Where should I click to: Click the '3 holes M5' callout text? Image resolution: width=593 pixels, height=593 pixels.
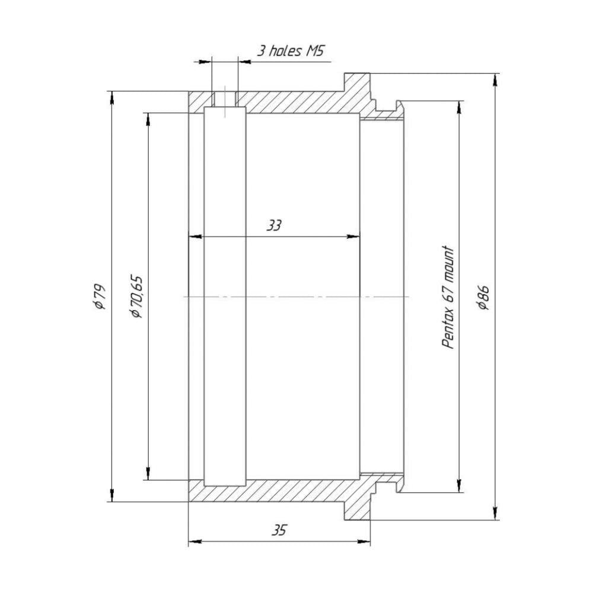(291, 50)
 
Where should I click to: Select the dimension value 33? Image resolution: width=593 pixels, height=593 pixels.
(274, 226)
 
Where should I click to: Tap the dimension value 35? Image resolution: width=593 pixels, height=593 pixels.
(279, 531)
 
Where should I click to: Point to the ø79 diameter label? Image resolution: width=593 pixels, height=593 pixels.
(100, 296)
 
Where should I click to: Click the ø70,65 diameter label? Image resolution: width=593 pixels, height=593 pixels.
(136, 296)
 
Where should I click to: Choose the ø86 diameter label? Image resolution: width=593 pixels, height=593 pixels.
(484, 297)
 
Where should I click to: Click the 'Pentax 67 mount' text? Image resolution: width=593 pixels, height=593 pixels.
(448, 297)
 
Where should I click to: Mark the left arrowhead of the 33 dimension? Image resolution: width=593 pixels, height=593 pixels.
(195, 237)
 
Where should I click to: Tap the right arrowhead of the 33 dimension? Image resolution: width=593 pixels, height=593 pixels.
(353, 237)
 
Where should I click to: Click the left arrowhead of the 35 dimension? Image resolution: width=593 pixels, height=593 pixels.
(195, 542)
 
